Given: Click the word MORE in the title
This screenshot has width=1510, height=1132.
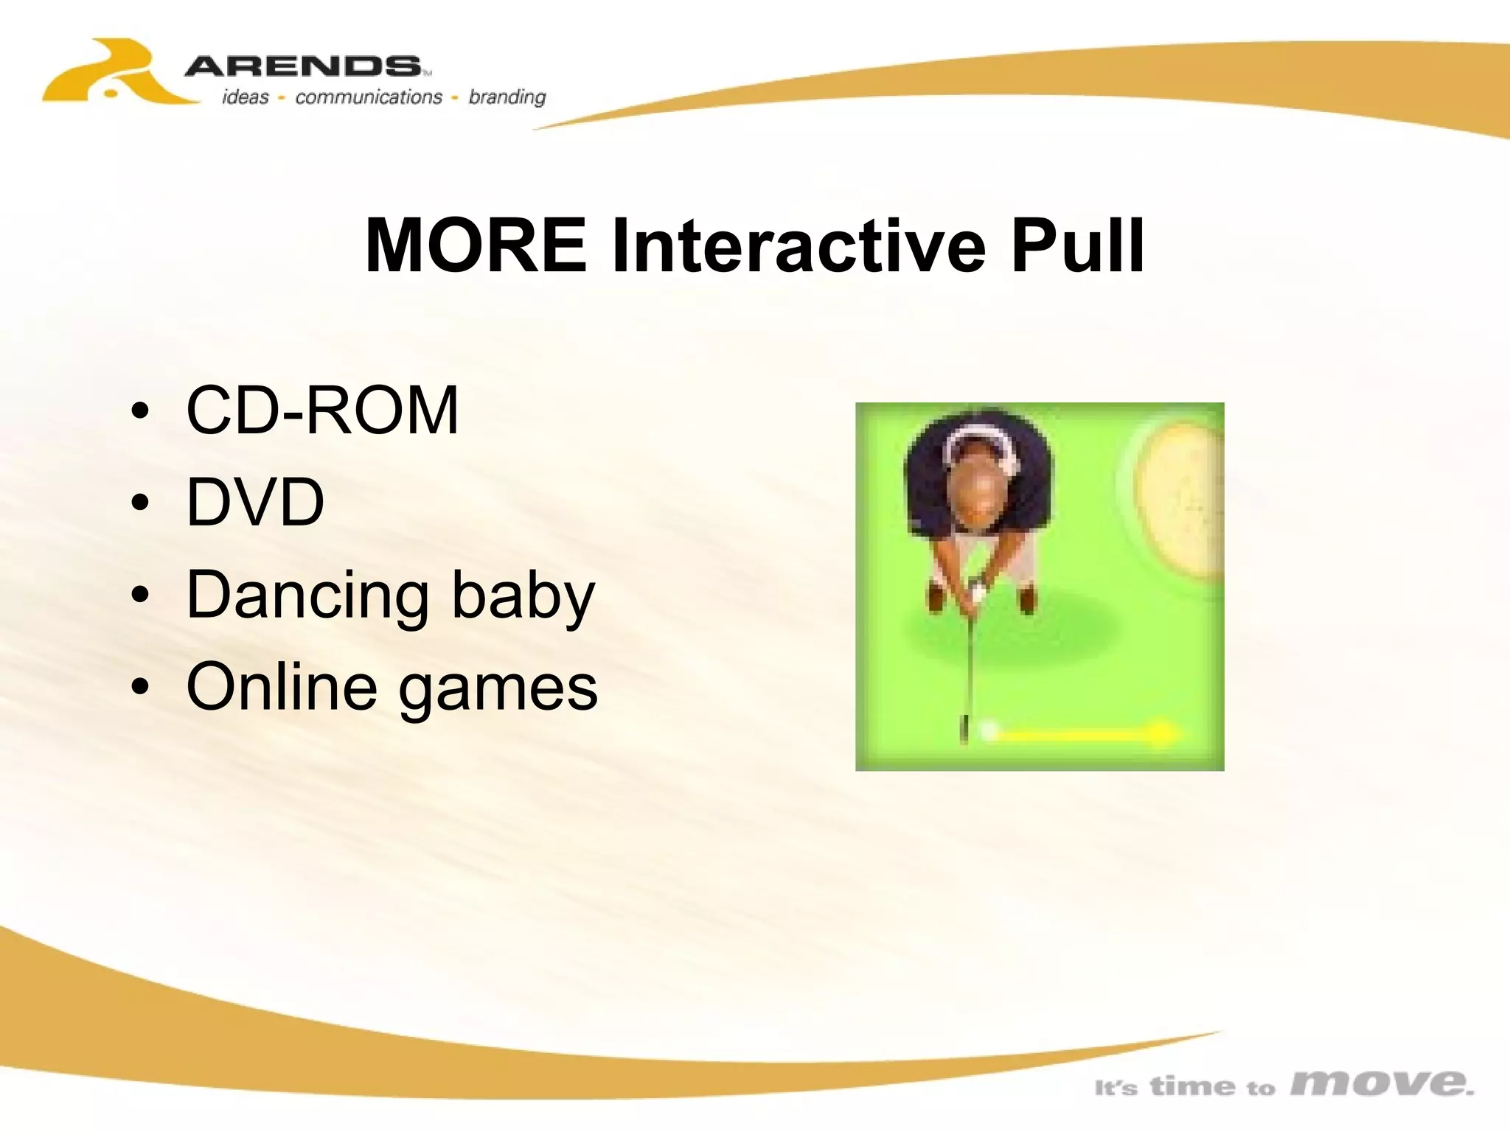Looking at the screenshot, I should click(x=476, y=245).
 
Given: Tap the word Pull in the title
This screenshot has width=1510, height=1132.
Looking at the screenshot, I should click(x=1078, y=245).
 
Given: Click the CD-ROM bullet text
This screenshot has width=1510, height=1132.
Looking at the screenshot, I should click(x=322, y=410).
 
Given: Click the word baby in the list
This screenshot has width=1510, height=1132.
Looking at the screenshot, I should click(x=523, y=596).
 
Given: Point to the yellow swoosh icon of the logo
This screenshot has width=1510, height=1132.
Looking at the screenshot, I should click(x=118, y=74).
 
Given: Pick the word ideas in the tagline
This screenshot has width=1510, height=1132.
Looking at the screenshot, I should click(x=246, y=97).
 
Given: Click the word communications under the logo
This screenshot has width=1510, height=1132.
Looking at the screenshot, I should click(x=369, y=97).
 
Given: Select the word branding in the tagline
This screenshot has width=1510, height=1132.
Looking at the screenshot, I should click(x=507, y=97).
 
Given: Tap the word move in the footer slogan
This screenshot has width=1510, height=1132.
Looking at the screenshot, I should click(x=1382, y=1083).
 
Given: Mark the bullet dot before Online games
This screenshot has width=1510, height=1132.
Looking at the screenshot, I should click(x=139, y=687).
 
